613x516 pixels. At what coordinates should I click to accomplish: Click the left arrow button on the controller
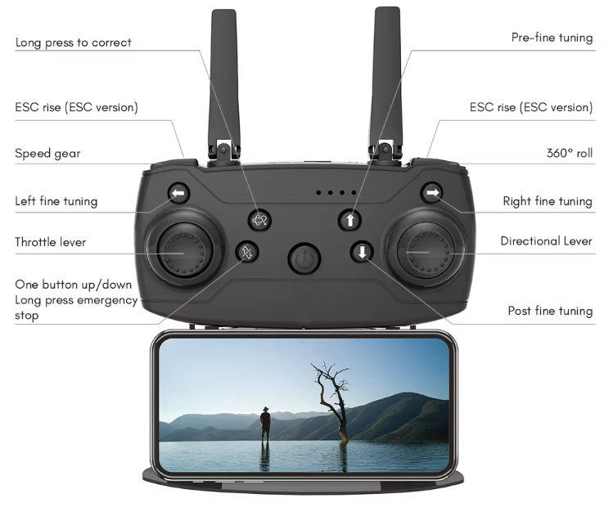tap(179, 193)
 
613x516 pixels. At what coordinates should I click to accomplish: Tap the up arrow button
tap(350, 220)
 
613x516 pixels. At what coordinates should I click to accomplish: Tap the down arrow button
tap(362, 252)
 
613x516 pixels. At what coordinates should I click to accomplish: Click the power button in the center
tap(304, 258)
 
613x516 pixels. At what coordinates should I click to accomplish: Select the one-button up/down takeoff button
tap(247, 252)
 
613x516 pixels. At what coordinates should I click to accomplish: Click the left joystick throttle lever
tap(184, 250)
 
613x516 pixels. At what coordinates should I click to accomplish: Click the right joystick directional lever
tap(426, 250)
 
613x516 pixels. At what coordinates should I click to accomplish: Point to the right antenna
tap(386, 82)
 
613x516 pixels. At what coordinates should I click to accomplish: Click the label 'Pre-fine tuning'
tap(552, 38)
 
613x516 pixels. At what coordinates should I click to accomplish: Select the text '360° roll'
tap(570, 153)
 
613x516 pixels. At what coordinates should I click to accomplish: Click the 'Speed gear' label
tap(47, 154)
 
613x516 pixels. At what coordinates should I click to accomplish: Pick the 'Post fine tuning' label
tap(550, 311)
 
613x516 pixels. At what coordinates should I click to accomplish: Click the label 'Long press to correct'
tap(73, 43)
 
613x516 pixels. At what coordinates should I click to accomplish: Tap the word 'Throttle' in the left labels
tap(35, 242)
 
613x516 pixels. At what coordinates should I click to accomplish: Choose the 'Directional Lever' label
tap(546, 241)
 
